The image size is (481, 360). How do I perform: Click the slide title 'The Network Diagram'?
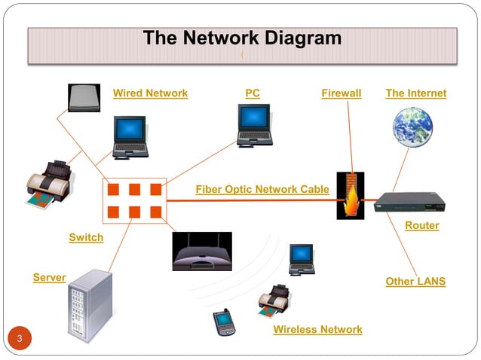pos(242,38)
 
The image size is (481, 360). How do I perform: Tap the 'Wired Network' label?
pos(150,93)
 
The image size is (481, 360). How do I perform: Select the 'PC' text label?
pos(253,93)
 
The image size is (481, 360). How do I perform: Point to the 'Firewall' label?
pos(341,93)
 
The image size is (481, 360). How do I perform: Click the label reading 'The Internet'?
pos(415,93)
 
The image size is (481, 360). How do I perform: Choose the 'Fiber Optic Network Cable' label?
pos(262,189)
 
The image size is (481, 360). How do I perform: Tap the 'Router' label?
pos(421,225)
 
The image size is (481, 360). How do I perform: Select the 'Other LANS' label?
pos(415,282)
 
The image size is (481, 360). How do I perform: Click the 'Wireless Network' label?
pos(317,330)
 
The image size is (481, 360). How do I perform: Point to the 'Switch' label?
pos(86,238)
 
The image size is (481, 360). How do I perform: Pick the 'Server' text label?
pos(49,278)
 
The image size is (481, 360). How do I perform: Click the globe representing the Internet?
pos(412,127)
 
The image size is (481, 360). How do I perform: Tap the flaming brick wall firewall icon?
pos(350,196)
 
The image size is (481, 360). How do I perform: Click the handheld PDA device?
pos(224,322)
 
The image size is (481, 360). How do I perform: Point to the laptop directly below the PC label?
pos(254,125)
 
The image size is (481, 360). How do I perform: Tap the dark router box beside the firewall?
pos(410,202)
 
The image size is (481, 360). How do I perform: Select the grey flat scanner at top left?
pos(84,97)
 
